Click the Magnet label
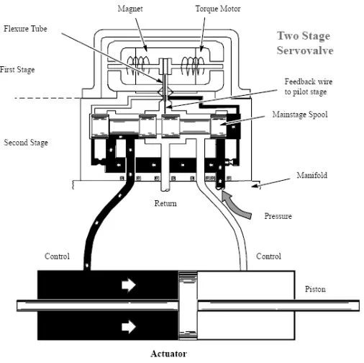coord(130,9)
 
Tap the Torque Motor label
coord(218,9)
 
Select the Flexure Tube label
coord(25,29)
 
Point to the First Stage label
coord(17,70)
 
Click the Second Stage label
coord(26,143)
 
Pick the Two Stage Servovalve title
coord(305,43)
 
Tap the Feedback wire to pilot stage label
coord(308,86)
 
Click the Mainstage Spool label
coord(300,115)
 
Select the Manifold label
coord(311,175)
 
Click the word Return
coord(165,203)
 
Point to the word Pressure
coord(278,216)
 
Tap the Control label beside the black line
coord(57,256)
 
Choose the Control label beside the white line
coord(268,256)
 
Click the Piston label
coord(315,289)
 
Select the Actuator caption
coord(168,354)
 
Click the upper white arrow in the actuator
coord(129,285)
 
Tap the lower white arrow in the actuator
coord(129,327)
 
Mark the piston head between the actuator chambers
coord(188,305)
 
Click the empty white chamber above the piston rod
coord(246,285)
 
